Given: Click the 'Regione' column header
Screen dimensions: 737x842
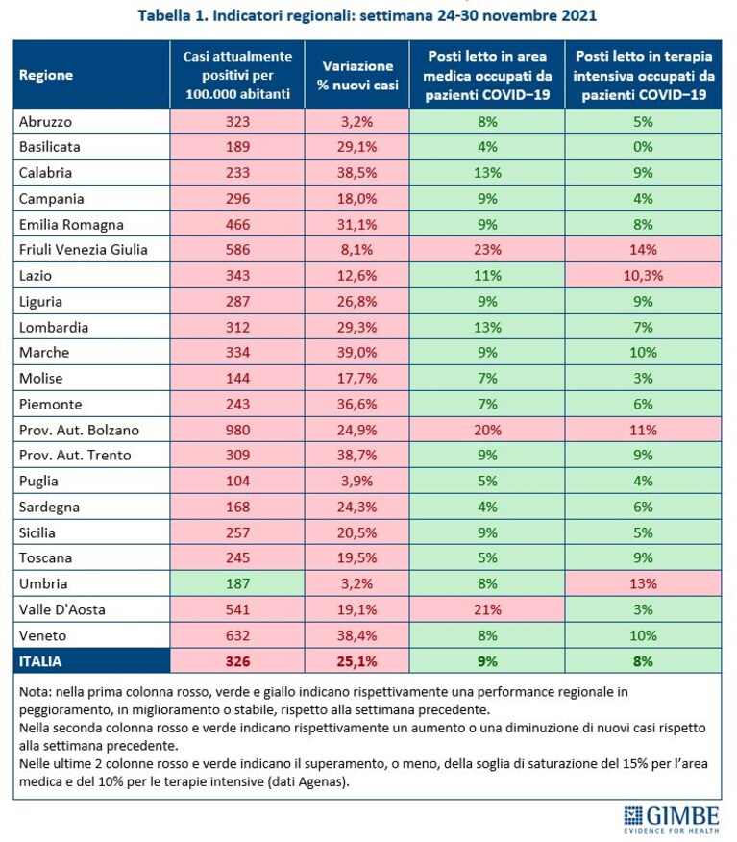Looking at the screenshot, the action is pos(46,75).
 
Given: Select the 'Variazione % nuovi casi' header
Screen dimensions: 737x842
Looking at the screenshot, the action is pos(357,75).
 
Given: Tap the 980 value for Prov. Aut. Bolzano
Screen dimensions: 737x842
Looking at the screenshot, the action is pos(237,430).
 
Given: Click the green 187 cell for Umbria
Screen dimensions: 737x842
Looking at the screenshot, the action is pos(237,583).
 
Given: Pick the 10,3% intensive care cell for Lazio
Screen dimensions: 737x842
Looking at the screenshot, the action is pos(643,276).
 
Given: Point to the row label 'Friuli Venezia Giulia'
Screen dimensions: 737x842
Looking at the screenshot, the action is pos(84,250).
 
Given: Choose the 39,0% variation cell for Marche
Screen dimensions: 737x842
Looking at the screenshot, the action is pos(356,353).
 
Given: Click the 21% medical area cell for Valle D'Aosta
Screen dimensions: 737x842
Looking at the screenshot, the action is pos(487,610).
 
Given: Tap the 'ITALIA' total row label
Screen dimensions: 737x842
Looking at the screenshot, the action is pos(40,661).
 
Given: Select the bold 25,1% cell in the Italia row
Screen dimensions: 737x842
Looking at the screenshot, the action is pos(356,661).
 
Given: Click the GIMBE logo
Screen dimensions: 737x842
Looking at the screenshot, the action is pos(671,820).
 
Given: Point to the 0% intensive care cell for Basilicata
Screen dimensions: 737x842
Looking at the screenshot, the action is pos(643,147).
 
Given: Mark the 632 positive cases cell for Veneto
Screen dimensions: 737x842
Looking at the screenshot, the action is pos(237,635).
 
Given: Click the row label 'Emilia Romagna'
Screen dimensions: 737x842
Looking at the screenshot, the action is pos(71,225).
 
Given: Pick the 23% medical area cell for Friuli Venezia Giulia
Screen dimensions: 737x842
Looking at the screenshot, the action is pos(487,250).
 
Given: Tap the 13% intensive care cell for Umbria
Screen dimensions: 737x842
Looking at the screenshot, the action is pos(643,583).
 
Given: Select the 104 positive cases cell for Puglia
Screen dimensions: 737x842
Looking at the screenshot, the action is pos(237,482).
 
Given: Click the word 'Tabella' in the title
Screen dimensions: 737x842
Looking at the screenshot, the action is pos(163,15).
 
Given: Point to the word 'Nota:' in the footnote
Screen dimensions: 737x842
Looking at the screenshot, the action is pos(36,692).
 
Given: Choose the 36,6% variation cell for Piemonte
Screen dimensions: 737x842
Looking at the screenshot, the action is pos(356,405).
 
